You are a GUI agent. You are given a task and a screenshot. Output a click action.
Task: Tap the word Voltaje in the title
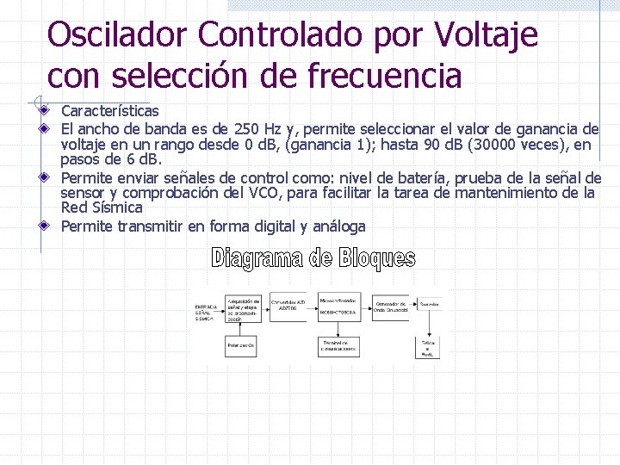pos(487,35)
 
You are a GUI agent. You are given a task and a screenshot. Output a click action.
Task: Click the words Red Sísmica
pos(101,208)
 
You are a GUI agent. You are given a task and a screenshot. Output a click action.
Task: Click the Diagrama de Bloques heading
pos(313,257)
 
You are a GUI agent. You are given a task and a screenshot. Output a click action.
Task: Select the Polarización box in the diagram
pos(241,344)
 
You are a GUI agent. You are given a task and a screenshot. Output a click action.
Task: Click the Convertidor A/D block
pos(288,306)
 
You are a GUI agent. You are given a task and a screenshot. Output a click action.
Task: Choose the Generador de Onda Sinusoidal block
pos(392,306)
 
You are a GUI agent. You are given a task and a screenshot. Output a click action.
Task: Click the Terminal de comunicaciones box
pos(338,345)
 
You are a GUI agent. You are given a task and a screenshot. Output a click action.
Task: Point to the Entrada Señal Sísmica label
pos(207,311)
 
